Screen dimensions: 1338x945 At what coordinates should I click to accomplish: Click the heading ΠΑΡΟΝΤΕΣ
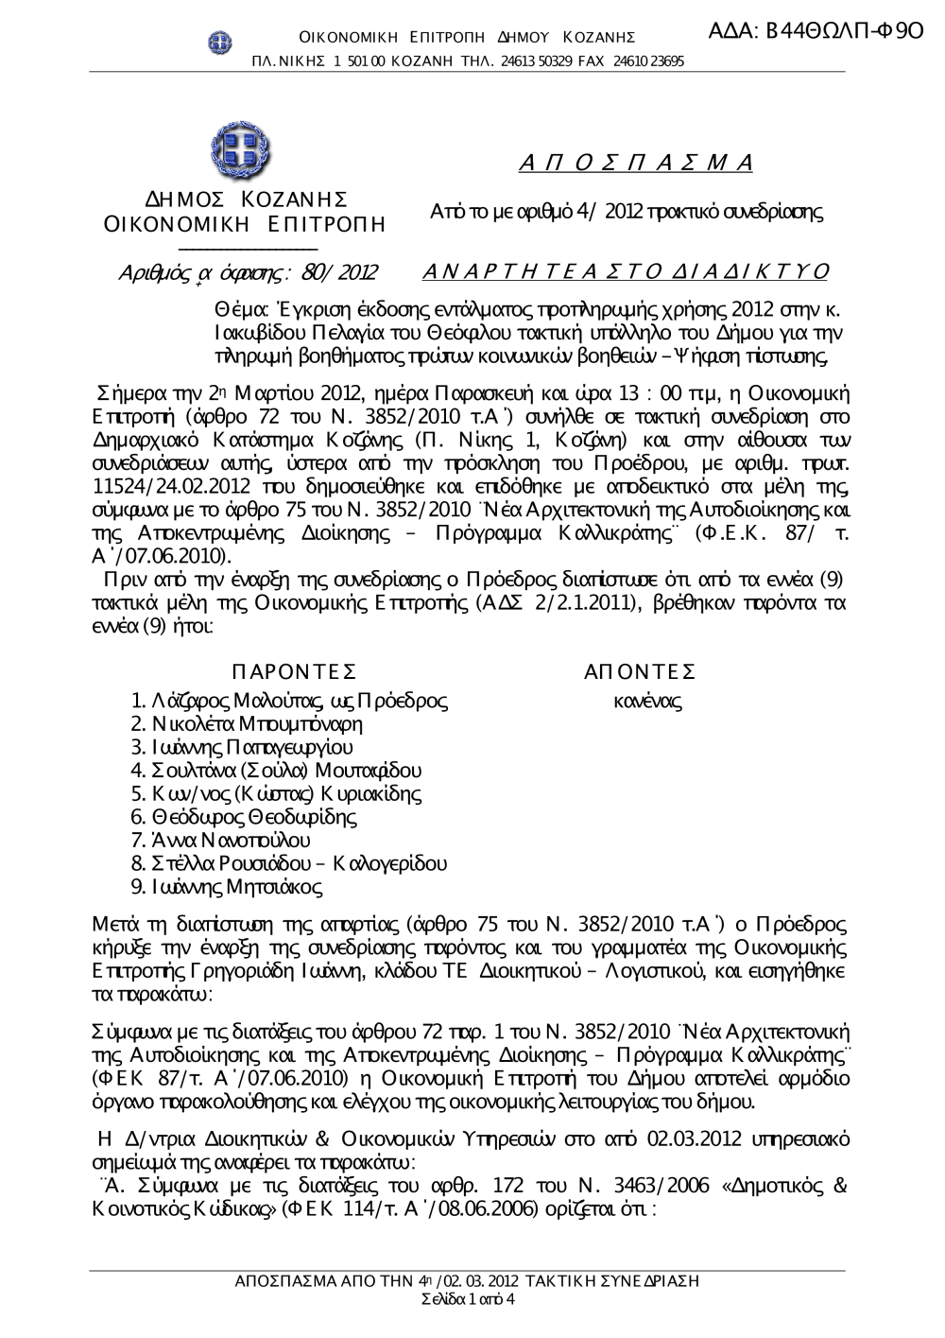(293, 671)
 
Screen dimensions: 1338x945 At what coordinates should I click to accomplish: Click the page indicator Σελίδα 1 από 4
(467, 1298)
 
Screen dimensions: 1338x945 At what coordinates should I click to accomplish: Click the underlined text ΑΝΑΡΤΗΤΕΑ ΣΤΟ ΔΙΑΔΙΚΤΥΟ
(625, 272)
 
